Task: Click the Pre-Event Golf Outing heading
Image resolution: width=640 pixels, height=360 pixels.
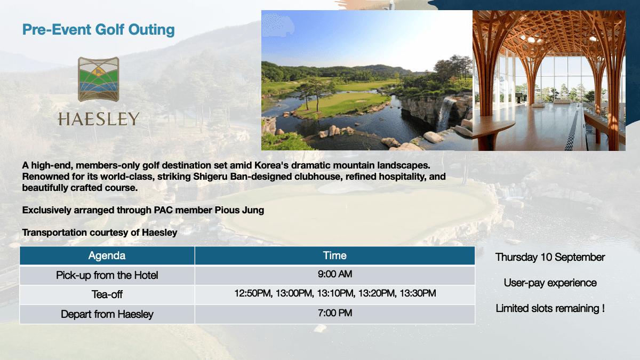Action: click(99, 30)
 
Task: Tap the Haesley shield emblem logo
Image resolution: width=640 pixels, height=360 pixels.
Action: click(99, 79)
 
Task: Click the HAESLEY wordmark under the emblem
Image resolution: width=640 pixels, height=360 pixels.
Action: click(99, 119)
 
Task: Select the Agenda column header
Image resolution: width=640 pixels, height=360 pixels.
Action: click(107, 255)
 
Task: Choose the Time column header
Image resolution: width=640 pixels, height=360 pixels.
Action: click(334, 255)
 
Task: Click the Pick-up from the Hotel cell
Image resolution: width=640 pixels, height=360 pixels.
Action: click(107, 275)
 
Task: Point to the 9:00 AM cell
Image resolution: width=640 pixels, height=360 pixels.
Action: click(335, 274)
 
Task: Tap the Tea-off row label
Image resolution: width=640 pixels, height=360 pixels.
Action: click(107, 294)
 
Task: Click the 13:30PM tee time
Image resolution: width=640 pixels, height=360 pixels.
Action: click(418, 293)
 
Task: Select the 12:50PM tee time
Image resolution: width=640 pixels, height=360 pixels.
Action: click(253, 293)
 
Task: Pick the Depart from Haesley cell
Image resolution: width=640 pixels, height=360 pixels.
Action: click(107, 314)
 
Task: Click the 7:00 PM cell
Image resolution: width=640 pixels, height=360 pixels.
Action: click(335, 313)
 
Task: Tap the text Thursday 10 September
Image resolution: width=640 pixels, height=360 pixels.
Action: click(550, 257)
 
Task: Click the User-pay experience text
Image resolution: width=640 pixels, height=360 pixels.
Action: click(550, 283)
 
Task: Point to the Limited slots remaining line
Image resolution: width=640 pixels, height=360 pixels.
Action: click(550, 308)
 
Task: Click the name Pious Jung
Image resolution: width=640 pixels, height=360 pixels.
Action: click(239, 210)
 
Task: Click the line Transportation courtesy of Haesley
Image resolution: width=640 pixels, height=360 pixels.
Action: click(100, 233)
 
